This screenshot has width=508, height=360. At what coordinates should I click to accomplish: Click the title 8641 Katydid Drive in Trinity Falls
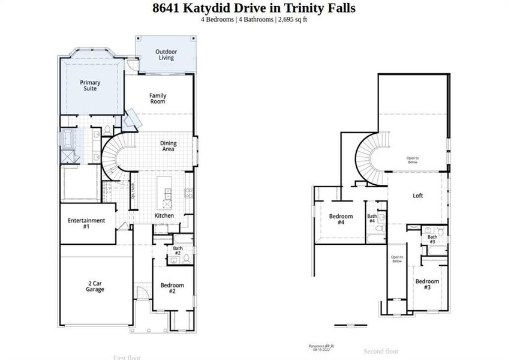pos(254,8)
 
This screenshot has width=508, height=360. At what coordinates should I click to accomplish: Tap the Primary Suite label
pos(90,86)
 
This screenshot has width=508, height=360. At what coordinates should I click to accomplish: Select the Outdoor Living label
pos(166,55)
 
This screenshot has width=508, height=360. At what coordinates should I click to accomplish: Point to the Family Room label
pos(158,98)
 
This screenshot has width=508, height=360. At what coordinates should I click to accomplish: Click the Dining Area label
pos(167,146)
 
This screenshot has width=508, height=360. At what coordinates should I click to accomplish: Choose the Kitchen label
pos(164,215)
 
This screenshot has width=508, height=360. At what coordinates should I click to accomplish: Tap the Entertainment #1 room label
pos(86,223)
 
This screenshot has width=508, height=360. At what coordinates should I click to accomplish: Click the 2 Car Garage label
pos(95,286)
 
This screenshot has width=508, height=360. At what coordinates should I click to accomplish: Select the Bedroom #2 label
pos(172,288)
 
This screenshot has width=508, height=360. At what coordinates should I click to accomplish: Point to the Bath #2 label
pos(178,250)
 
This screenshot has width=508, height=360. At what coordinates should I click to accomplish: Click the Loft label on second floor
pos(418,196)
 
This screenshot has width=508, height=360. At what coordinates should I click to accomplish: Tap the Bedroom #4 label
pos(341,219)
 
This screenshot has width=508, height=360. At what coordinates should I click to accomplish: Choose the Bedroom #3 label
pos(427,284)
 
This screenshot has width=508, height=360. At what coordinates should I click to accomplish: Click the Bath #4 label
pos(372,218)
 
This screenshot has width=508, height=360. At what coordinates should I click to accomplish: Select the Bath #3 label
pos(432,239)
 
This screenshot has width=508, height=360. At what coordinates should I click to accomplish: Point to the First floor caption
pos(127,357)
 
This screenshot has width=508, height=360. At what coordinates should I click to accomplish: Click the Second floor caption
pos(381,351)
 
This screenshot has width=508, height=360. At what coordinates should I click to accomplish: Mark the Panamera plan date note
pos(322,348)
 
